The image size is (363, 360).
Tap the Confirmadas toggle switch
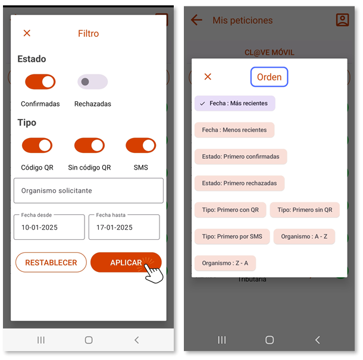click(x=40, y=82)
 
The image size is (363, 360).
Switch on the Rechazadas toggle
click(x=93, y=82)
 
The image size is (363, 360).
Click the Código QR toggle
click(x=37, y=145)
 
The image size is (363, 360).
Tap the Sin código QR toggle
click(x=89, y=145)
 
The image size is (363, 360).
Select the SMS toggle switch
click(x=141, y=145)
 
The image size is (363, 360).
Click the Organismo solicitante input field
click(x=89, y=190)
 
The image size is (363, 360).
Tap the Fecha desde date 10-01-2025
click(x=49, y=227)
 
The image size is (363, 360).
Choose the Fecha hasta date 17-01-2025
click(x=124, y=227)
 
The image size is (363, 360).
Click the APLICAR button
click(x=126, y=262)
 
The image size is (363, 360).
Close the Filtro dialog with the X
click(x=27, y=33)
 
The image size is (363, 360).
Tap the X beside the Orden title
click(x=208, y=76)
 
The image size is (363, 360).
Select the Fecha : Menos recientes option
click(x=234, y=130)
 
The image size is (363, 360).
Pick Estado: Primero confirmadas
click(x=240, y=156)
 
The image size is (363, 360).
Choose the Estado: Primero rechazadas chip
click(x=239, y=183)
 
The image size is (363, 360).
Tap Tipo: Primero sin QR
click(x=305, y=209)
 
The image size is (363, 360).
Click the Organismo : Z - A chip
click(x=225, y=263)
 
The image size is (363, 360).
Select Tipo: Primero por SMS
click(x=232, y=236)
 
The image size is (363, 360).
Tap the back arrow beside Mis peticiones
click(x=196, y=20)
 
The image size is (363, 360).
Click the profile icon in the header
click(x=342, y=20)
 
